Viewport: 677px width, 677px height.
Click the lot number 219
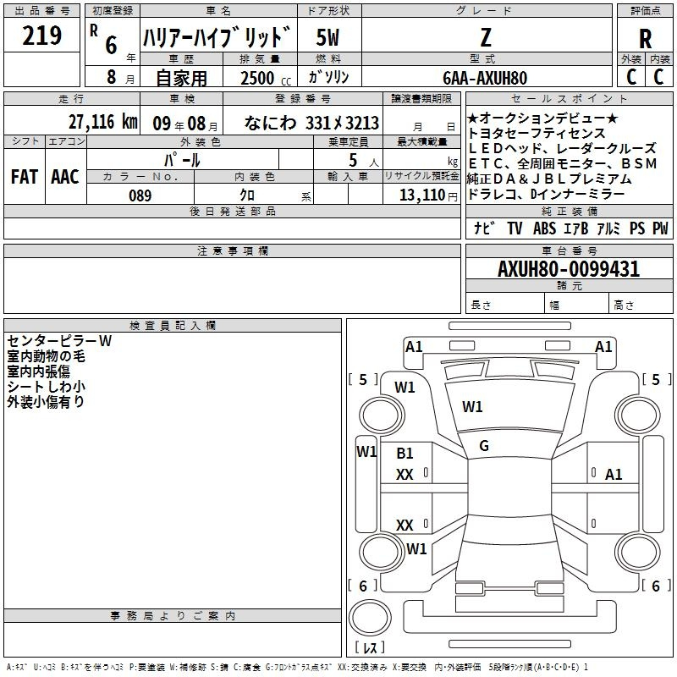point(41,35)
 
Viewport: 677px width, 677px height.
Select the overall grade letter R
point(645,39)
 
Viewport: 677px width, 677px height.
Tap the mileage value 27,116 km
point(103,122)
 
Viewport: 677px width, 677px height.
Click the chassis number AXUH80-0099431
point(569,269)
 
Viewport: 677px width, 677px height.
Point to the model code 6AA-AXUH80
point(485,78)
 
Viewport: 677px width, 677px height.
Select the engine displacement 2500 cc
point(266,78)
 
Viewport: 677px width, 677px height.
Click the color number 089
point(140,195)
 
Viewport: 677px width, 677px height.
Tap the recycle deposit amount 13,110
point(421,195)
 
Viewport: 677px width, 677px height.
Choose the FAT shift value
point(25,177)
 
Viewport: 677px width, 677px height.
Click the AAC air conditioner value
point(65,177)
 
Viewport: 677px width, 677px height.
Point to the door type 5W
point(327,37)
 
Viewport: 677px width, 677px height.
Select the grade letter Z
point(486,37)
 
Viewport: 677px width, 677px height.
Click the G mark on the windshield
point(484,446)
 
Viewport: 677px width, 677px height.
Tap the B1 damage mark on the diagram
point(405,453)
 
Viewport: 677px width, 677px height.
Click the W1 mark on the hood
point(472,406)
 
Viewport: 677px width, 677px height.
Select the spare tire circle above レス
point(370,617)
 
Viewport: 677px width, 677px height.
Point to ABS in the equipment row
point(544,228)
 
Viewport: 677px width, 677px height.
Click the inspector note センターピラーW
point(59,341)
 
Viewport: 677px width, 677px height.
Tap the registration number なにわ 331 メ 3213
point(311,123)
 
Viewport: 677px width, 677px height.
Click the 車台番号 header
point(570,250)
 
